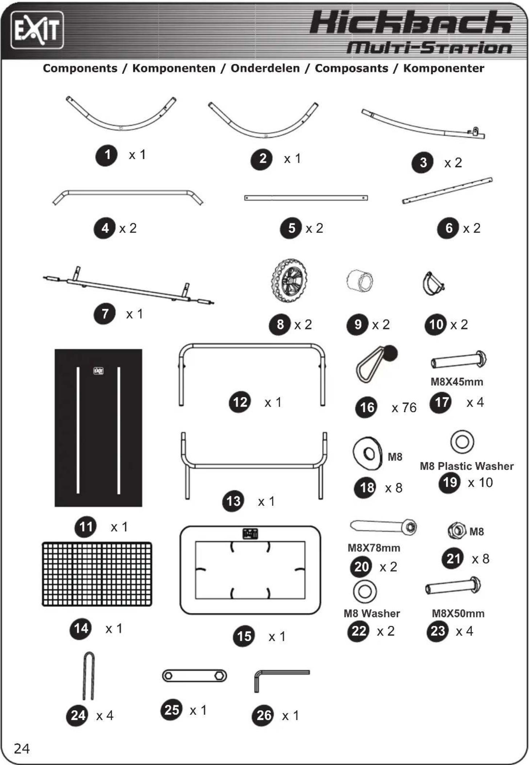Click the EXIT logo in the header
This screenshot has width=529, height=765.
37,30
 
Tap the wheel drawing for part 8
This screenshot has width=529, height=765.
289,280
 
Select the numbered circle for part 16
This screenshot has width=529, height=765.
367,407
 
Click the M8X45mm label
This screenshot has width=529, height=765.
457,382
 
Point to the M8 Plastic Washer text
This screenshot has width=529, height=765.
467,466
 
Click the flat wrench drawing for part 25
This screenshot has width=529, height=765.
195,676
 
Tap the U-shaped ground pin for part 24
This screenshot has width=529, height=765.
89,676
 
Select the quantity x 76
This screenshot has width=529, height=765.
404,408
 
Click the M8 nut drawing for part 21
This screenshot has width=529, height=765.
456,531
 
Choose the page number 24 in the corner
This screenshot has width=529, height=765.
22,749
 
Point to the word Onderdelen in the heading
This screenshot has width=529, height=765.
265,68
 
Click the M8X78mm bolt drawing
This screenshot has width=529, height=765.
383,526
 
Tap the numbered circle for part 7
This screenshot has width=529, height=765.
105,313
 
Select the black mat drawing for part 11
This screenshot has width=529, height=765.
98,428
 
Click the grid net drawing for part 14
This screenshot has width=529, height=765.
97,574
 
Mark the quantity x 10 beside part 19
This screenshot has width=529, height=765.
480,483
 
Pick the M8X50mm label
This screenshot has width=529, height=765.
458,614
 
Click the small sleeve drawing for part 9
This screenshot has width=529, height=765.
360,280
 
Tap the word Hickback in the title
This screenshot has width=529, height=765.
411,23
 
